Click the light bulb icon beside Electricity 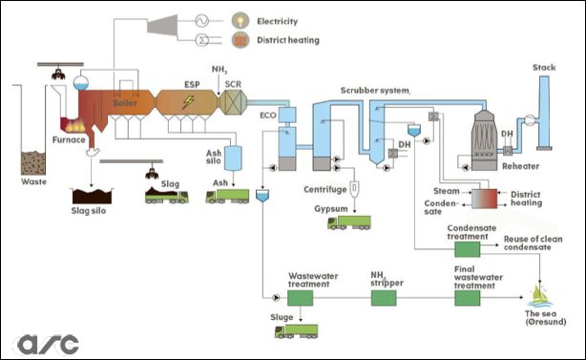240,21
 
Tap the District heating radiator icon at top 240,39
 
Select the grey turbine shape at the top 162,26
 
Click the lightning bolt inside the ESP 188,102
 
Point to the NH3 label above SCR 220,70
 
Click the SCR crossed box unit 233,102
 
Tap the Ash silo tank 233,159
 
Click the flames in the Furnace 74,126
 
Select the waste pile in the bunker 33,163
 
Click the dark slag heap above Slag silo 92,196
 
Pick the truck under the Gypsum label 349,222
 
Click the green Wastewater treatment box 300,298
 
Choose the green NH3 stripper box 384,298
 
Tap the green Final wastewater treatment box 467,298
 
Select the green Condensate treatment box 467,249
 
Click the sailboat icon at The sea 539,296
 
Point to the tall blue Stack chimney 544,112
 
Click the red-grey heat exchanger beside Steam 484,199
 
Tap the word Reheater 520,166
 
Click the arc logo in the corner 48,345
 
